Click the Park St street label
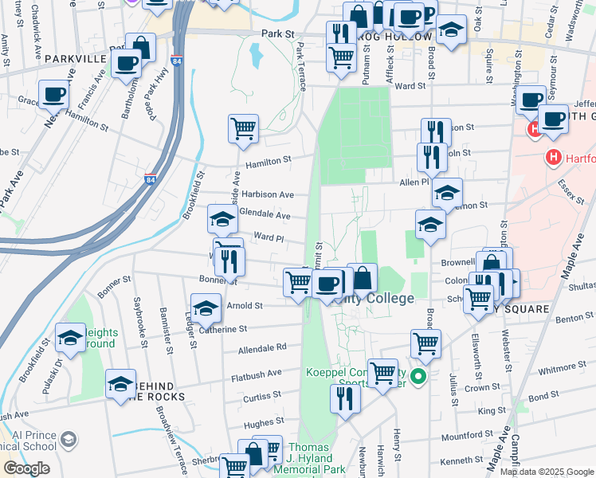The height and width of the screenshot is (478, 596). coord(278,34)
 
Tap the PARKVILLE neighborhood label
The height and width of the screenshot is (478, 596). coord(75,59)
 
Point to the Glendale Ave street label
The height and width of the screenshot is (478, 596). coord(264,215)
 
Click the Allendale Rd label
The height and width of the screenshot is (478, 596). coord(261,348)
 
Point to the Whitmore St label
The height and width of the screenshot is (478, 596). coord(563,370)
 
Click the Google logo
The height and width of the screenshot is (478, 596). coord(25,468)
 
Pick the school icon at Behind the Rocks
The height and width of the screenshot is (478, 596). coord(120,383)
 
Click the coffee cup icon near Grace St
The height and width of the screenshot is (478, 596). coord(53,94)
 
